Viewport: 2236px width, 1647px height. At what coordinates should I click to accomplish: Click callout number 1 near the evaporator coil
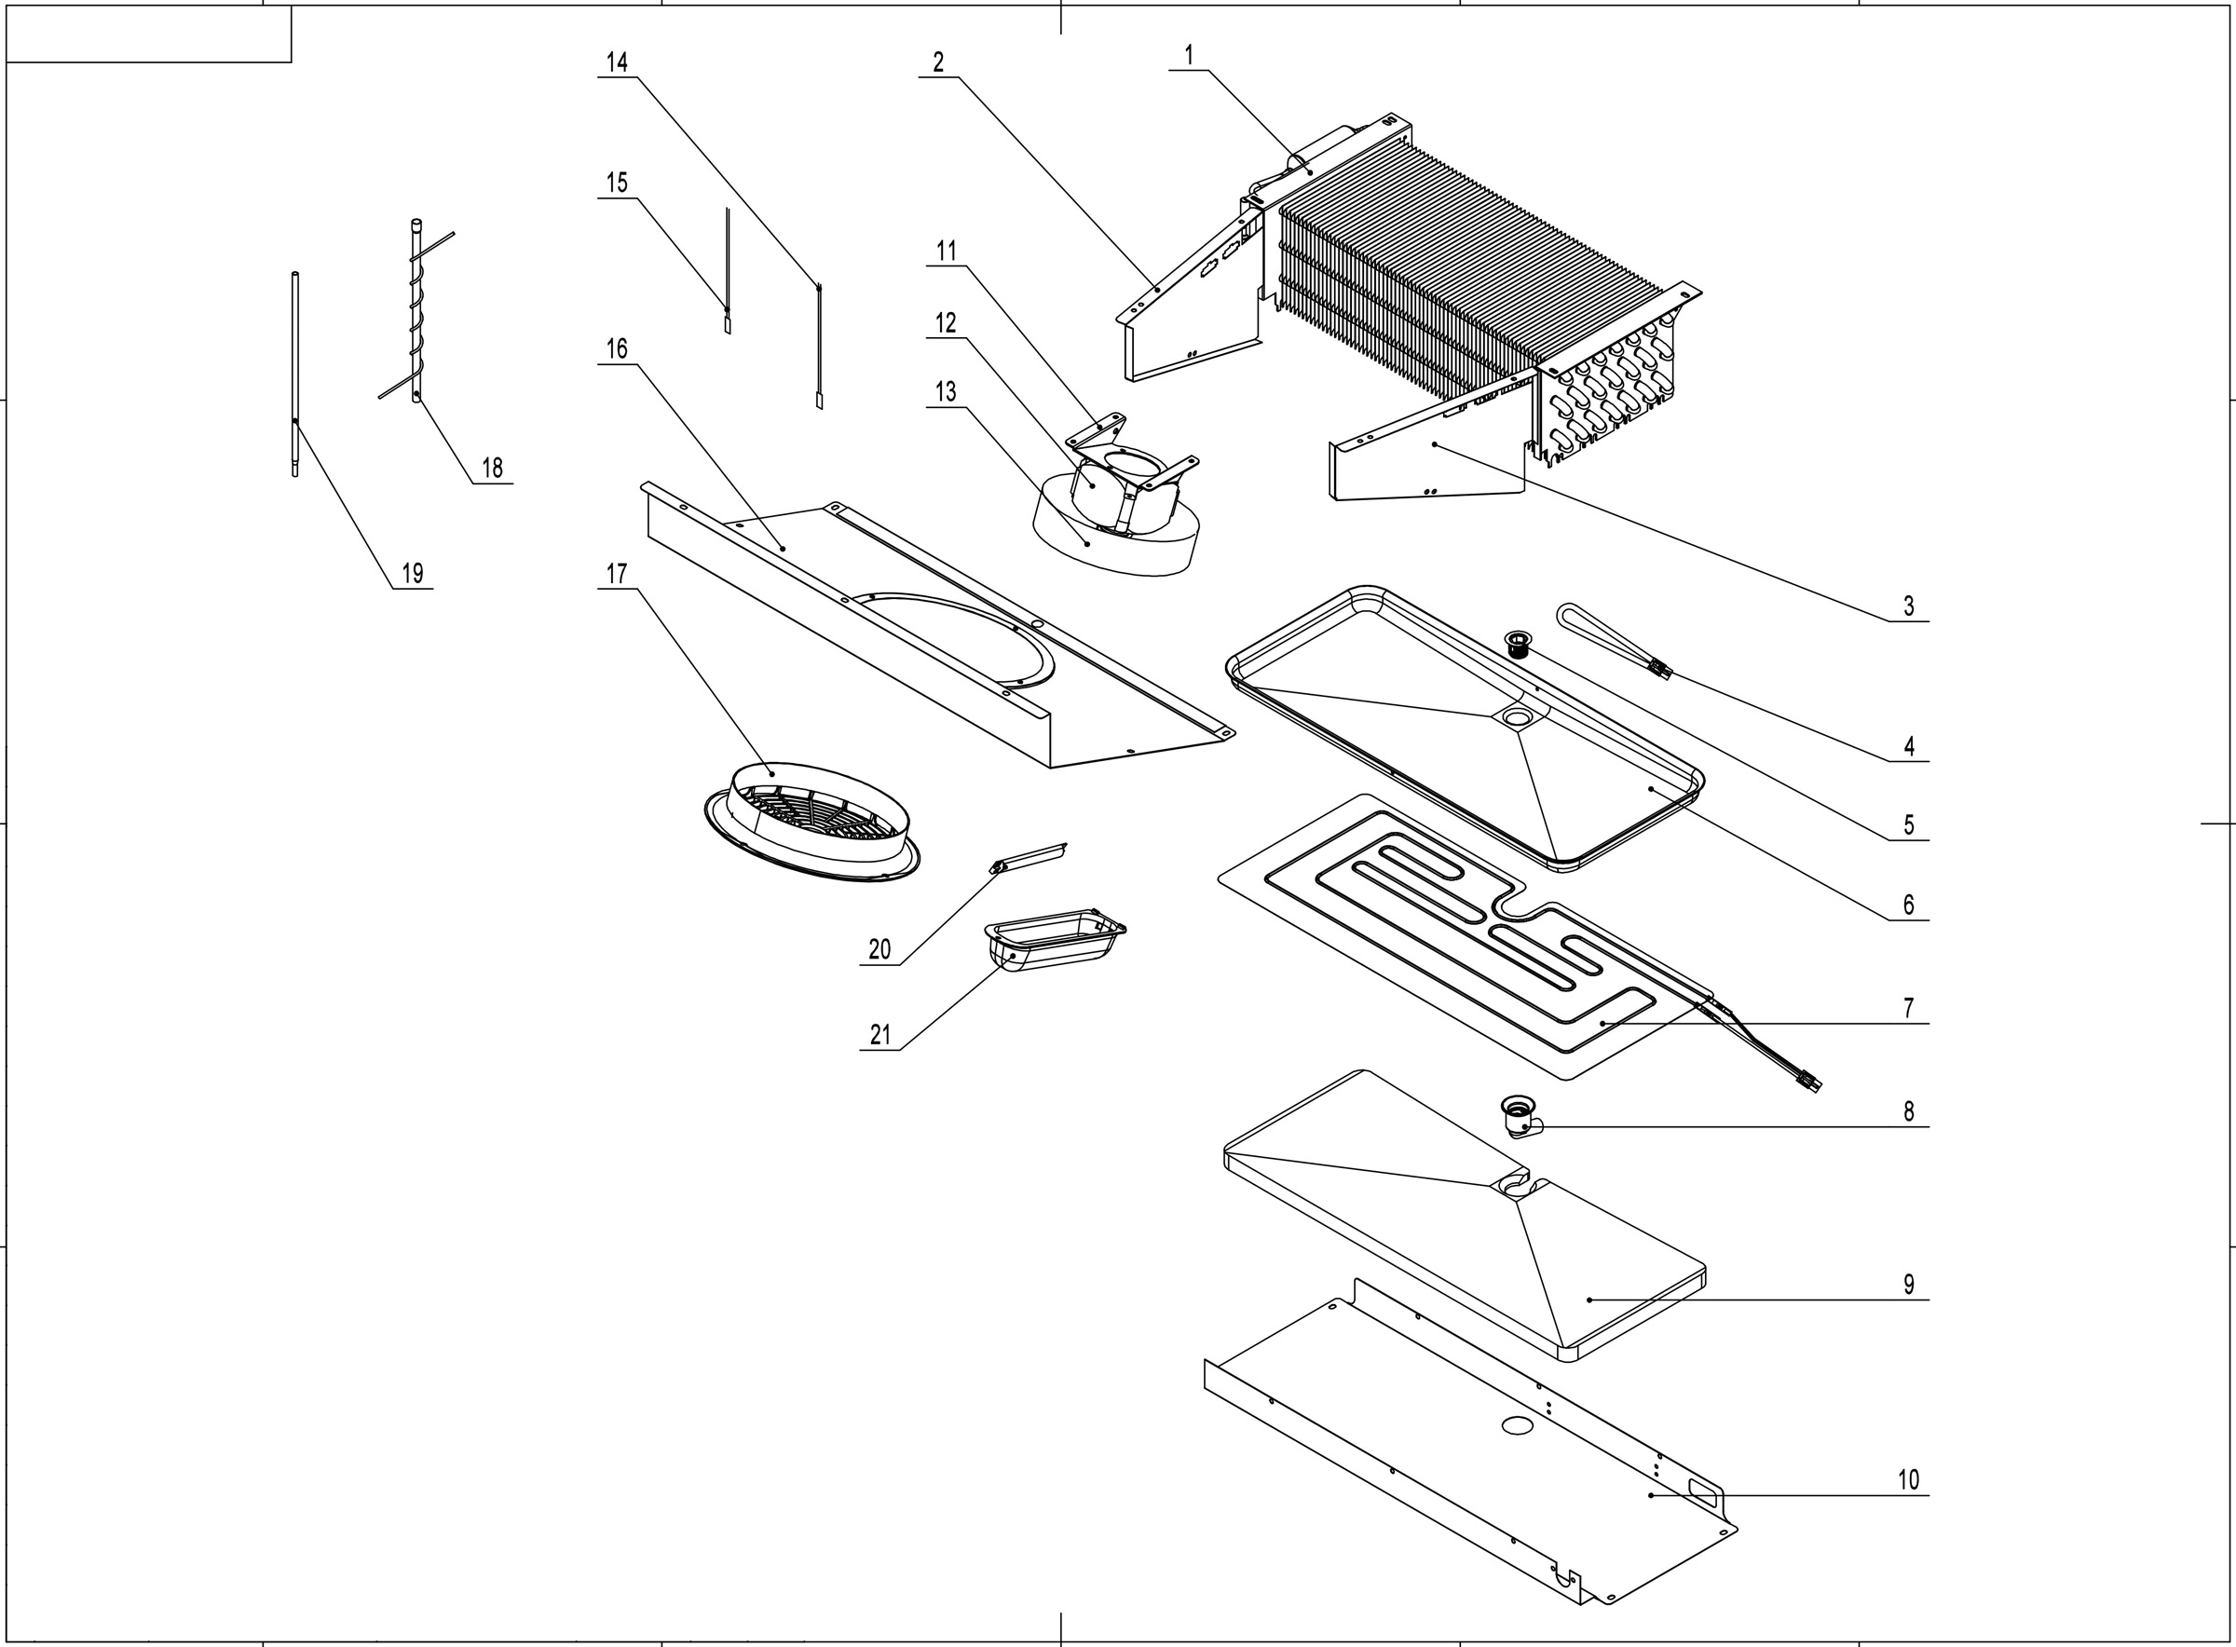click(1187, 56)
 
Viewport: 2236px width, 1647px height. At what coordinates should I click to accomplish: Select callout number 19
click(412, 573)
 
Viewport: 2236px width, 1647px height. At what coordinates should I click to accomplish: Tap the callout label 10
click(1907, 1479)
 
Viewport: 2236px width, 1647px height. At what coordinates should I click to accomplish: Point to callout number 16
click(617, 349)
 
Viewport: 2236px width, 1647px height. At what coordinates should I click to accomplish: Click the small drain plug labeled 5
click(1520, 644)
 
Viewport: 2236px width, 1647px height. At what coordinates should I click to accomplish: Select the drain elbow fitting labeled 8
click(1520, 1118)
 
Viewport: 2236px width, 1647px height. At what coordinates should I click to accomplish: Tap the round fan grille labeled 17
click(811, 823)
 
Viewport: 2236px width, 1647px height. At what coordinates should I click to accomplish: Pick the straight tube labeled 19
click(295, 374)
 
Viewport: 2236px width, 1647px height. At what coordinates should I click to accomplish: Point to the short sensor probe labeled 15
click(728, 269)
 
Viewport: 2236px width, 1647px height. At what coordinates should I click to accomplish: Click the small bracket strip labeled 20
click(1029, 856)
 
